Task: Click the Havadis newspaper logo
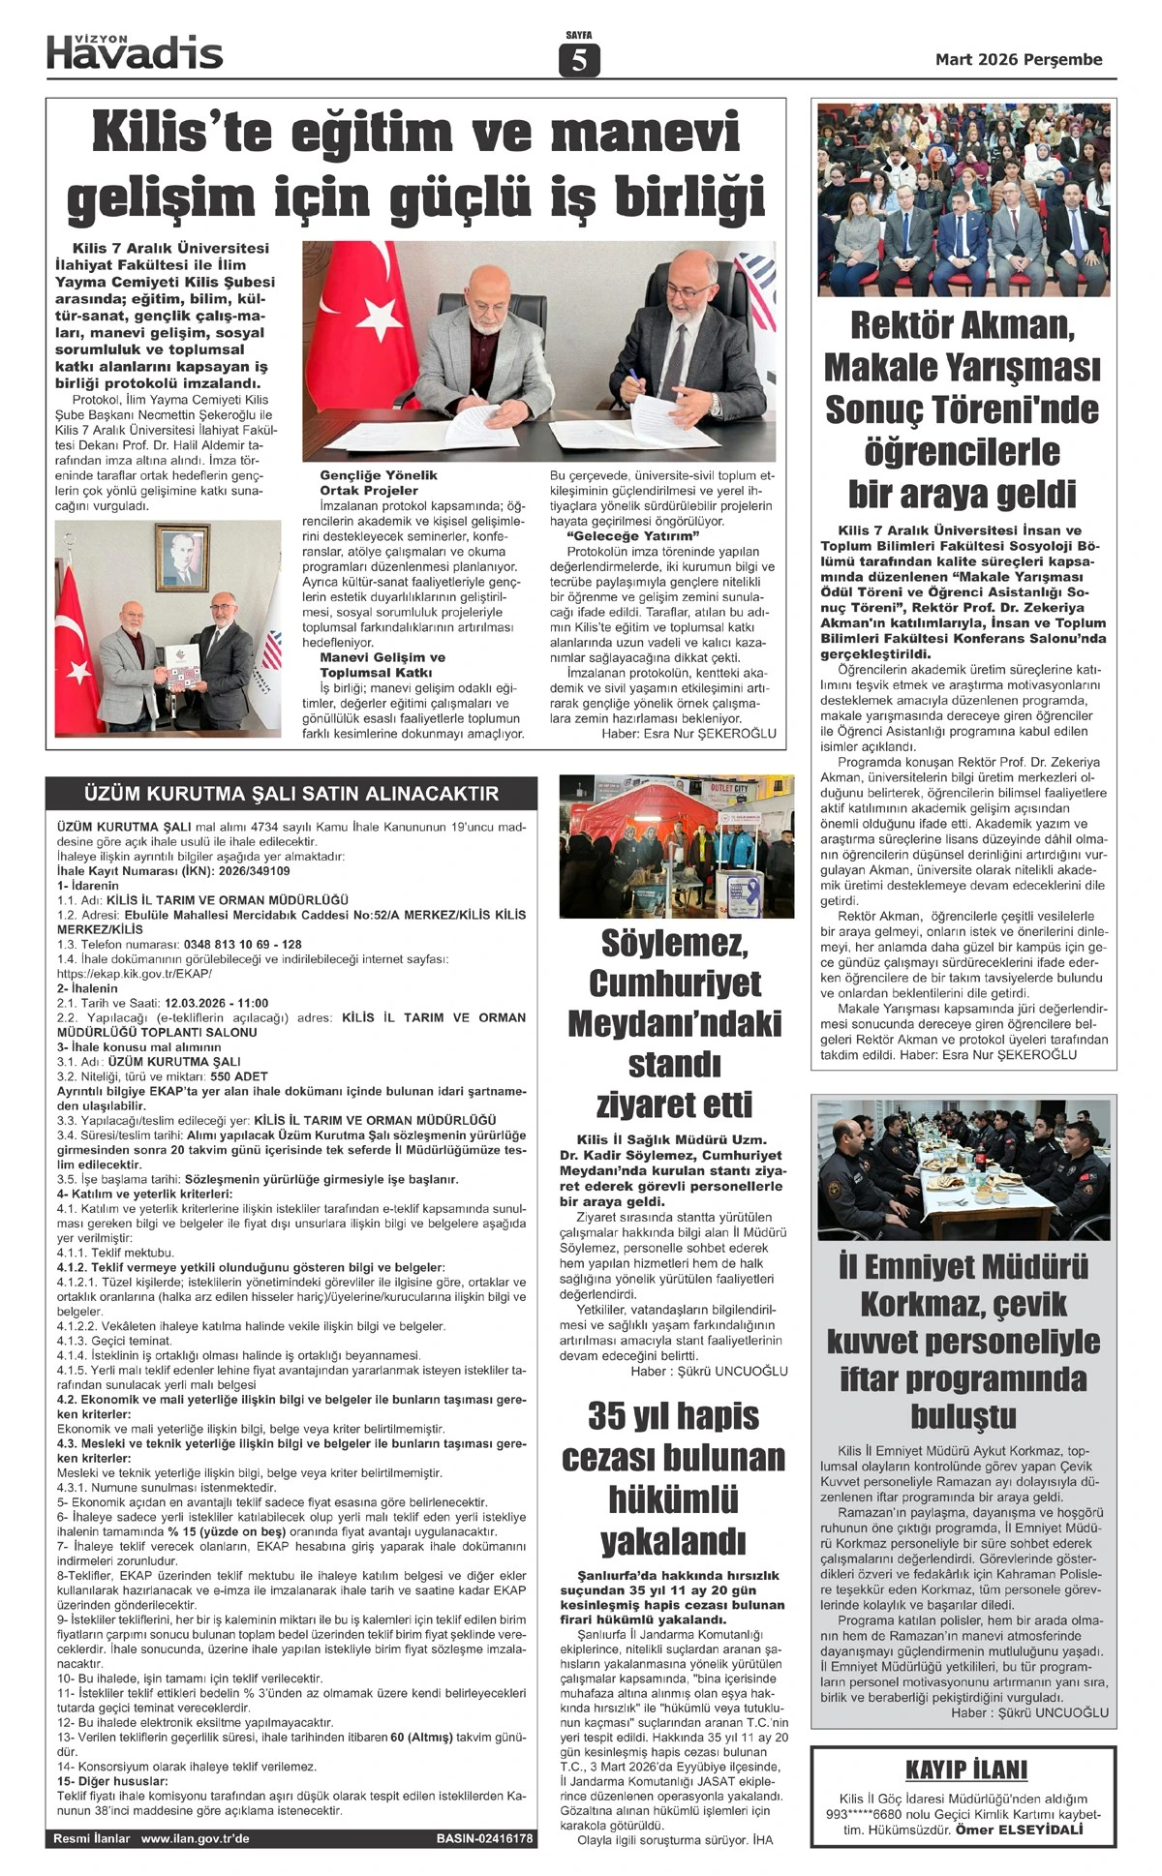click(x=135, y=53)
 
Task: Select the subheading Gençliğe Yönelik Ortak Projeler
click(x=379, y=483)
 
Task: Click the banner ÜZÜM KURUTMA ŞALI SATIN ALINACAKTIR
click(x=291, y=794)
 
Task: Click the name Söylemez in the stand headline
click(x=674, y=943)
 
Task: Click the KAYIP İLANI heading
click(x=966, y=1770)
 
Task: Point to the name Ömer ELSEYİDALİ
click(x=1019, y=1830)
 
